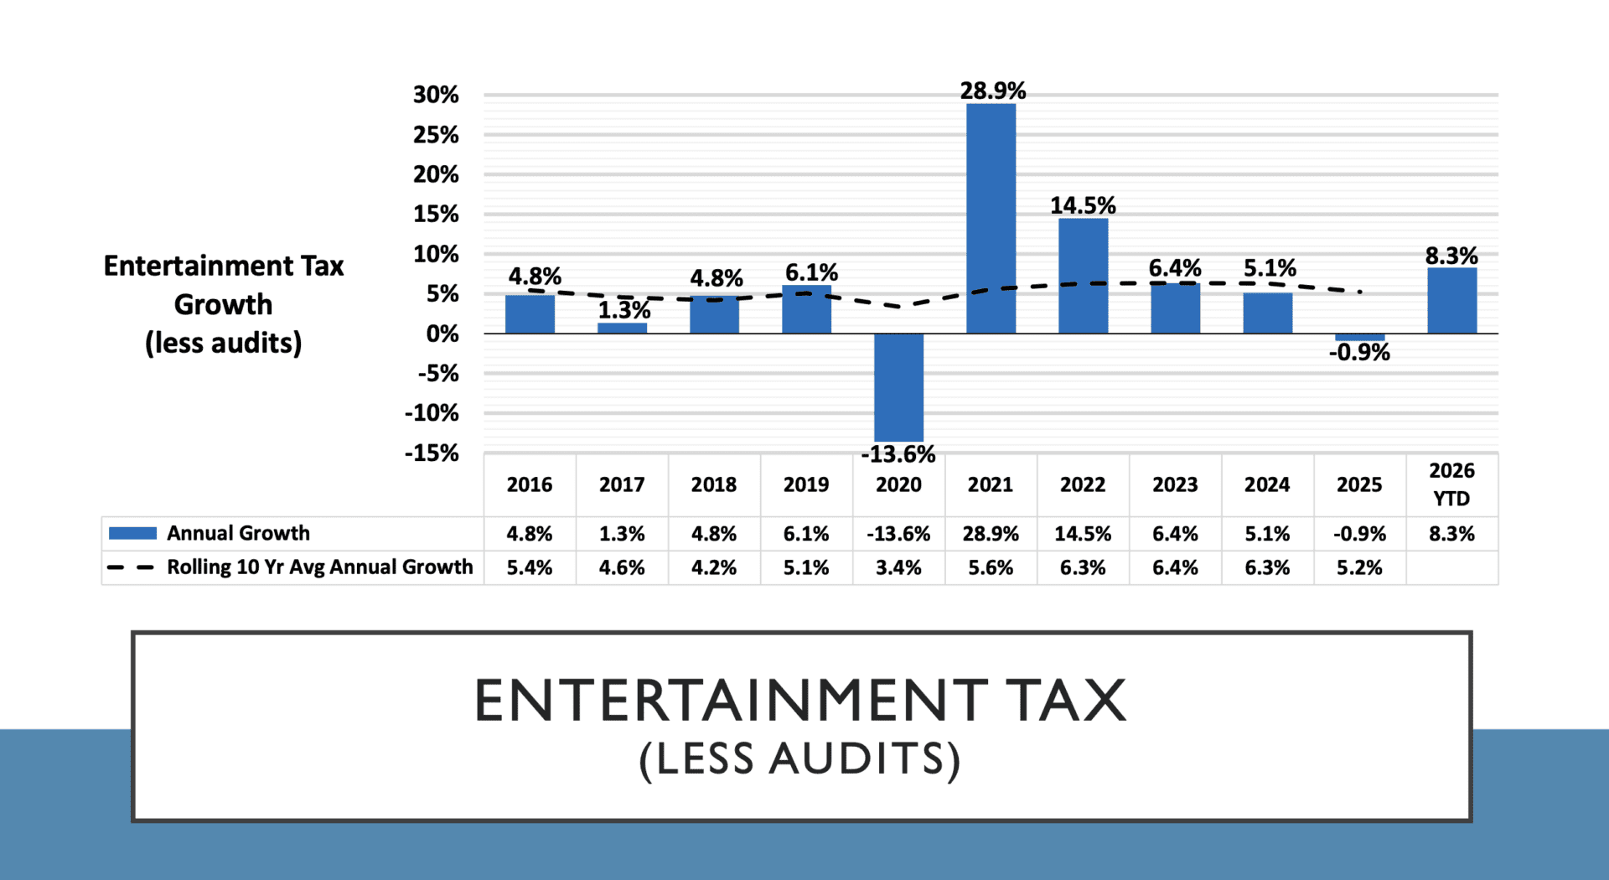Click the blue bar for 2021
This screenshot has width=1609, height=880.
coord(991,218)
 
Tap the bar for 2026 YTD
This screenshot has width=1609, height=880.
coord(1451,300)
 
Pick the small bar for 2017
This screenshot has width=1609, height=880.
coord(622,328)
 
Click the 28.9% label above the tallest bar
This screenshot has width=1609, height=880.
coord(993,91)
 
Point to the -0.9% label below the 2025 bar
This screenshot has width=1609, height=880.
coord(1359,353)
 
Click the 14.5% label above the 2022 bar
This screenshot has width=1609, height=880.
coord(1083,205)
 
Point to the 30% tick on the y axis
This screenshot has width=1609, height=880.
coord(436,95)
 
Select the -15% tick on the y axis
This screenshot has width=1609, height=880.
coord(432,453)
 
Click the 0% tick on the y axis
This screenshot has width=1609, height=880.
coord(442,334)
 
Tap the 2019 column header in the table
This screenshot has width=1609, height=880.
coord(806,484)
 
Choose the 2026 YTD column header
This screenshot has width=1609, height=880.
coord(1451,484)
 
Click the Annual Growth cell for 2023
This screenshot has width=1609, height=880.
coord(1175,534)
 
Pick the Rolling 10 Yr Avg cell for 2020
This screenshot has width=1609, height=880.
coord(898,567)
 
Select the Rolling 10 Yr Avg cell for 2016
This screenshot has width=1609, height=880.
coord(530,567)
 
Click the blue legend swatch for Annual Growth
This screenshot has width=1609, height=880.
coord(132,533)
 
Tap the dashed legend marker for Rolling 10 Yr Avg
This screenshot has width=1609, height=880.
coord(131,567)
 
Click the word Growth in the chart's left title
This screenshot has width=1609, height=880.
coord(223,304)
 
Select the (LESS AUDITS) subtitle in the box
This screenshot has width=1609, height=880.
coord(800,759)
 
